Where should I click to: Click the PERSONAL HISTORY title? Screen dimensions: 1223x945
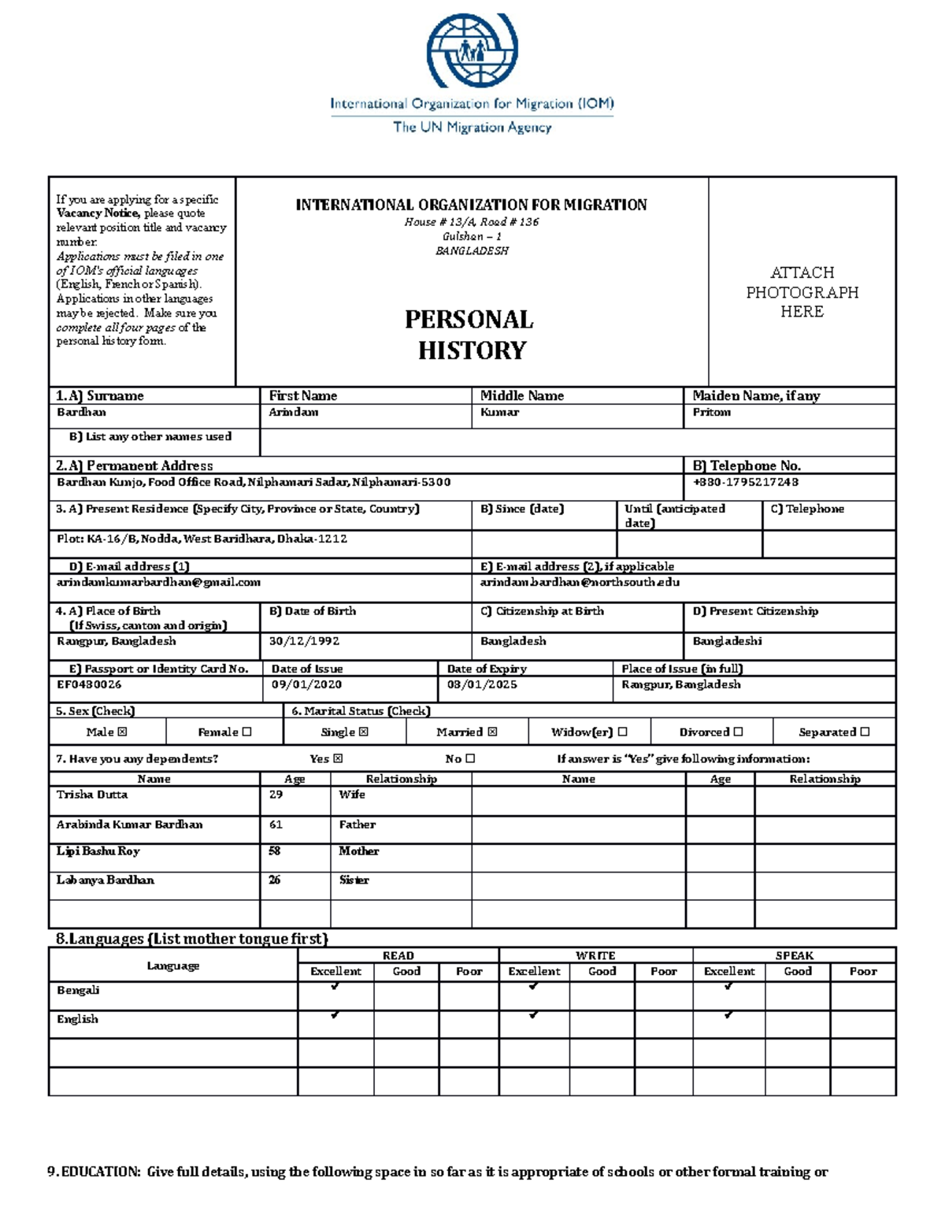click(471, 335)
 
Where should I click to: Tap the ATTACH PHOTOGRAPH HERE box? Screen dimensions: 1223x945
click(802, 292)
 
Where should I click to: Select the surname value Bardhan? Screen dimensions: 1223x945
click(81, 413)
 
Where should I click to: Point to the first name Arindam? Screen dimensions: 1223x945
click(294, 413)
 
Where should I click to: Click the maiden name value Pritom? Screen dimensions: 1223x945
click(711, 413)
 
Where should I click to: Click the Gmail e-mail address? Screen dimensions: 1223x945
click(158, 583)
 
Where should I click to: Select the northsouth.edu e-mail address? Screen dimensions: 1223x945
click(580, 583)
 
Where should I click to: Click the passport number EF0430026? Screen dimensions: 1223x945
click(89, 684)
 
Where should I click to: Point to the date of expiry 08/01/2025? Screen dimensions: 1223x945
click(482, 684)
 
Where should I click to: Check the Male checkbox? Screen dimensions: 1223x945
click(122, 732)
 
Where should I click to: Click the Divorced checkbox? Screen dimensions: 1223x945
click(738, 732)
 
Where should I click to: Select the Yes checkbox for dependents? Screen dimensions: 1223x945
click(338, 759)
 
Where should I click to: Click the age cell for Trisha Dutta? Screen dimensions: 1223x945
click(276, 795)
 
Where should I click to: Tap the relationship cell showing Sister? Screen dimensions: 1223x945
click(354, 880)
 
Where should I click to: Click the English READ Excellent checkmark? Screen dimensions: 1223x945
click(335, 1015)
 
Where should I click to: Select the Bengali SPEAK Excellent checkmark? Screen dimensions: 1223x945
click(728, 986)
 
